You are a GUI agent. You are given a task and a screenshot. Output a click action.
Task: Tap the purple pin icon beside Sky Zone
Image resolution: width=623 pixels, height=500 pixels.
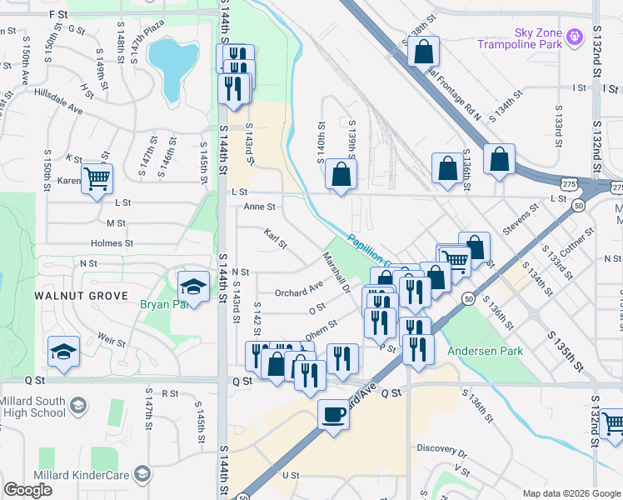(574, 37)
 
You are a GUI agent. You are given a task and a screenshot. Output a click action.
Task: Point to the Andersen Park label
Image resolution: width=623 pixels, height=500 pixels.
(486, 351)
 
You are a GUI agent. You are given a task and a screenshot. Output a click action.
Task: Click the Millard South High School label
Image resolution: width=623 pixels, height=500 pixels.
(33, 407)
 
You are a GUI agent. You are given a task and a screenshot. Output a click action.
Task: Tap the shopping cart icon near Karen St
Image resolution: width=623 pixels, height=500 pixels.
(97, 177)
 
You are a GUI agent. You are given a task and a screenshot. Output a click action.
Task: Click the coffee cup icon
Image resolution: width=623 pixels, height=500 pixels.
(334, 414)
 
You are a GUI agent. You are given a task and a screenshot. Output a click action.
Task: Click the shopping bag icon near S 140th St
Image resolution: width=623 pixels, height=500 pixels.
(341, 174)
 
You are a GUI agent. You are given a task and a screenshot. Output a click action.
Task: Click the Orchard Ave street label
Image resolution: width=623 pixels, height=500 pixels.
(298, 290)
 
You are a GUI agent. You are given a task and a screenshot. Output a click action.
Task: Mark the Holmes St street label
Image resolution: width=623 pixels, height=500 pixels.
(112, 243)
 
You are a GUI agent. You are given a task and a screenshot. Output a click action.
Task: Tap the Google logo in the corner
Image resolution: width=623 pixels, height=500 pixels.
(28, 490)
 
